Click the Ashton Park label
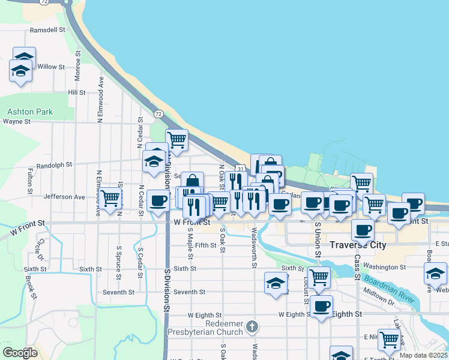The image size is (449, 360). [30, 112]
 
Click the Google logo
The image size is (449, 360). [20, 353]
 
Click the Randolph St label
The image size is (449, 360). [54, 164]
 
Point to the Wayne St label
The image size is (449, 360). [17, 121]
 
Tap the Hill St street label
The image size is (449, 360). [77, 92]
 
